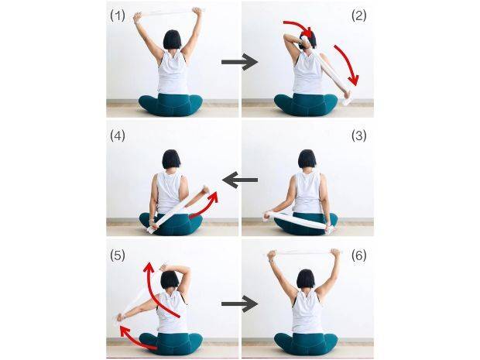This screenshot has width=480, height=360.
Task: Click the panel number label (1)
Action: click(118, 16)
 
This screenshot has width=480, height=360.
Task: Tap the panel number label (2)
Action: click(358, 16)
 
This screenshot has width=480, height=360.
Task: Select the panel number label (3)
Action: click(358, 135)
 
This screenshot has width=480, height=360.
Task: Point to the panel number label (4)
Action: click(118, 135)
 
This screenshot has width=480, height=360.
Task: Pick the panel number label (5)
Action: click(118, 255)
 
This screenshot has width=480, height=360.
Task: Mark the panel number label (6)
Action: click(358, 255)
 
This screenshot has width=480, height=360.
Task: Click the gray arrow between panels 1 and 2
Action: click(240, 62)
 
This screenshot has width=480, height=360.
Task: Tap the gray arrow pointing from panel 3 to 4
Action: click(240, 180)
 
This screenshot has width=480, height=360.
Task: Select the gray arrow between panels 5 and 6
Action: click(240, 303)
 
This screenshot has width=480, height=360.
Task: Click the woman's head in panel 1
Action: click(173, 39)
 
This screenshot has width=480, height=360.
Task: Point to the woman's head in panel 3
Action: click(307, 159)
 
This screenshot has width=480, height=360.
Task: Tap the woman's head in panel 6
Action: click(306, 279)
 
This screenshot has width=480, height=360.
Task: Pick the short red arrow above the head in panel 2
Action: click(299, 26)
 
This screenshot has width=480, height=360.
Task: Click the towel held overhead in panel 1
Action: click(168, 13)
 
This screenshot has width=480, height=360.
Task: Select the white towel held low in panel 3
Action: click(299, 221)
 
